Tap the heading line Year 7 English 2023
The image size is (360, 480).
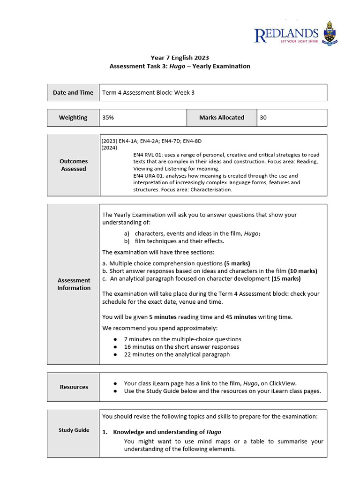point(180,58)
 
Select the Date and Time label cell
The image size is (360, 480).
point(73,92)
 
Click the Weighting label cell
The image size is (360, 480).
point(73,118)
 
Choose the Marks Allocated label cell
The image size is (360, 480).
point(221,118)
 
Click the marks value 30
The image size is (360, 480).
point(263,118)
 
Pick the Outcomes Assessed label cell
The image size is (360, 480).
point(73,165)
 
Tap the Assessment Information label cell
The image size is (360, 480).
point(74,284)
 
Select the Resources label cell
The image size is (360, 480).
point(74,387)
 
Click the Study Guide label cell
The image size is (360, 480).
point(74,430)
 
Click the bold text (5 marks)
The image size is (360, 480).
point(237,263)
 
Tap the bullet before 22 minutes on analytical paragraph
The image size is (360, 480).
point(115,354)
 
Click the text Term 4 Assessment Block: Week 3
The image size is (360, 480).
point(148,92)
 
